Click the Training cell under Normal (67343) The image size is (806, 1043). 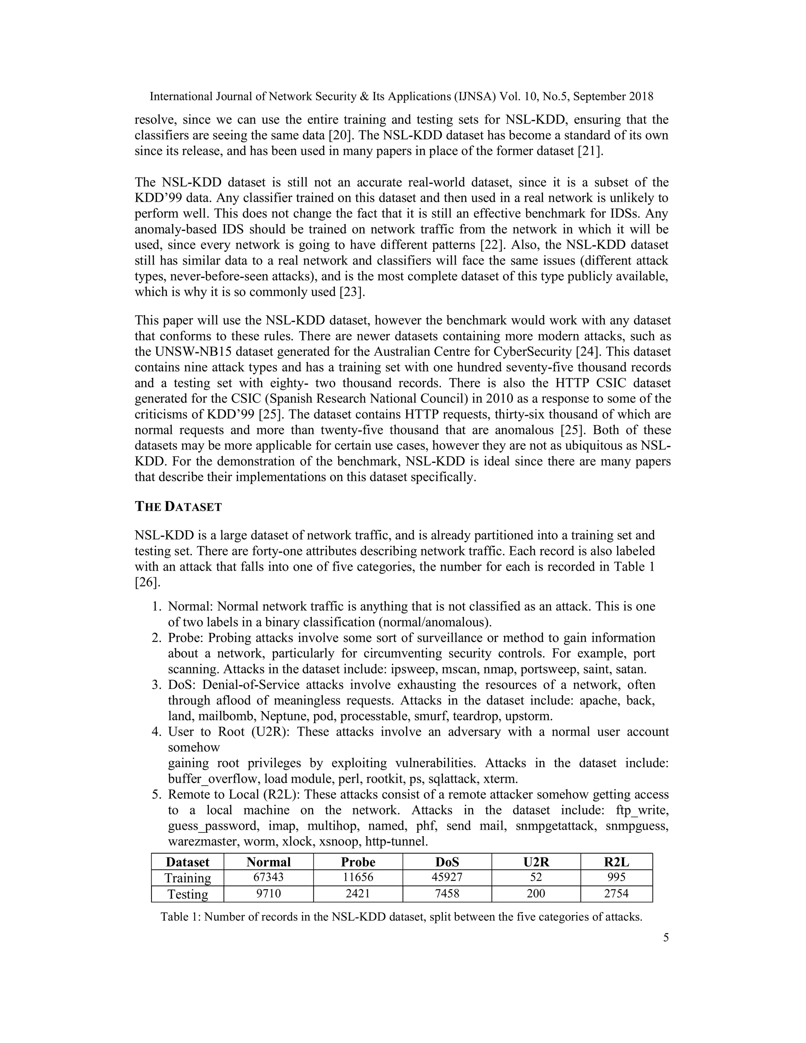tap(268, 877)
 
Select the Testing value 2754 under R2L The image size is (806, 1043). tap(616, 893)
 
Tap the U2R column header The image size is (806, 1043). tap(536, 862)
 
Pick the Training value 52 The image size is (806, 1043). tap(536, 877)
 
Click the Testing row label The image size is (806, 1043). tap(187, 894)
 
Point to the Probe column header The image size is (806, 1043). tap(358, 862)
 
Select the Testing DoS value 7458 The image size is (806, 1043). tap(447, 893)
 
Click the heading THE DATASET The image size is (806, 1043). tap(178, 507)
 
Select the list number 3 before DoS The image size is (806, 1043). tap(156, 685)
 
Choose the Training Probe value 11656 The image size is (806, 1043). tap(358, 877)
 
